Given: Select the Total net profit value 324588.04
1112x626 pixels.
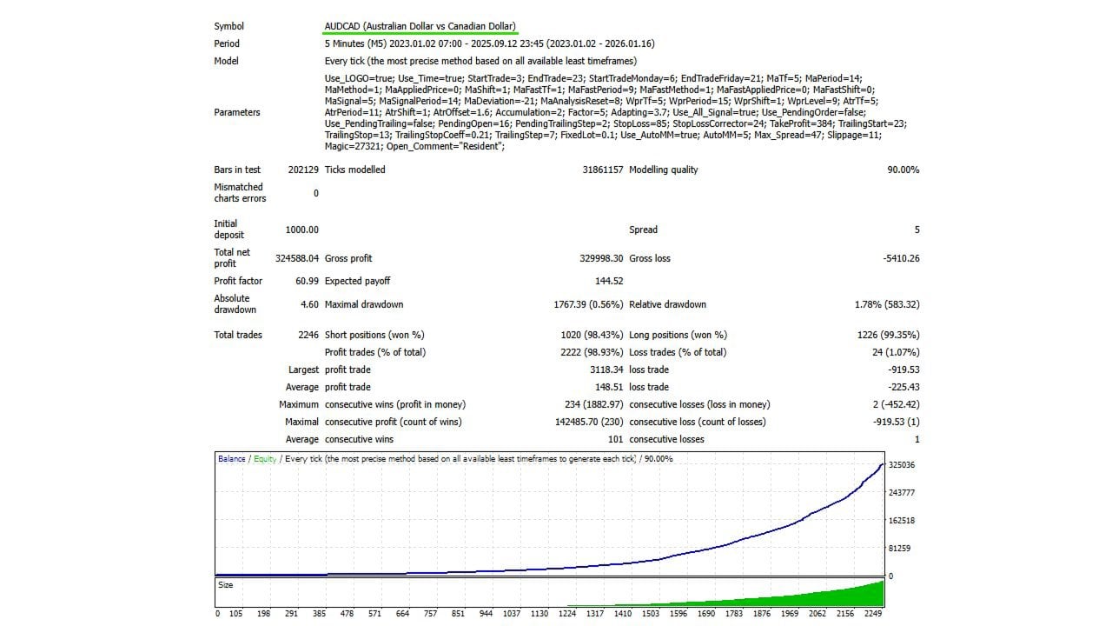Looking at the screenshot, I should pos(297,258).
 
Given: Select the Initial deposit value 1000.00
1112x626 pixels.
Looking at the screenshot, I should pos(301,230).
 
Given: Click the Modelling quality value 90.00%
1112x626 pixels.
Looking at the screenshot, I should pos(903,170).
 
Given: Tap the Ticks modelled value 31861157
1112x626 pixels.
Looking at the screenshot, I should pos(602,170).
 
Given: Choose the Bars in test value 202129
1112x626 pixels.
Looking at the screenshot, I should pos(303,170).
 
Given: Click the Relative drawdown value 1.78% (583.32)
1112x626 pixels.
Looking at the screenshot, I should pos(887,304).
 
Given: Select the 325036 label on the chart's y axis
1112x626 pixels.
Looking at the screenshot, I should pos(902,465).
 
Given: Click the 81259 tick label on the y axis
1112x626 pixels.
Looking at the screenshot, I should pos(899,549).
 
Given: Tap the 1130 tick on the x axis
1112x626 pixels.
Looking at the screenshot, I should pos(539,613).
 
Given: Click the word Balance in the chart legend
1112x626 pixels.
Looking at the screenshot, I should pos(231,459).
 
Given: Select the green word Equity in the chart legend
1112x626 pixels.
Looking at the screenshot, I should pos(265,459).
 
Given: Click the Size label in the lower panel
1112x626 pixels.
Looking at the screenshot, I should pos(226,585).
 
